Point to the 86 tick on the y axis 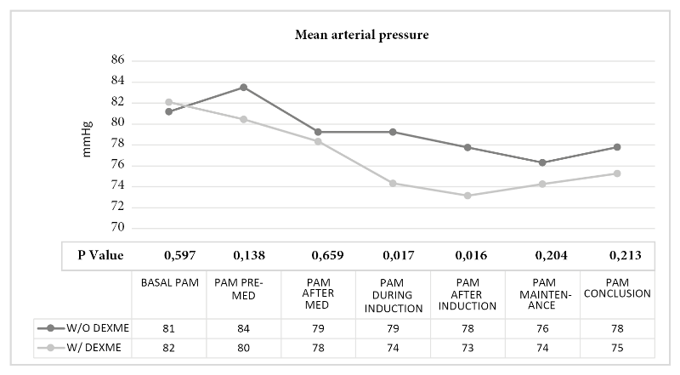tap(117, 60)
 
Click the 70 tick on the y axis tap(117, 228)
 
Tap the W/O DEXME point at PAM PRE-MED tap(243, 87)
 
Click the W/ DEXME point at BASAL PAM tap(169, 102)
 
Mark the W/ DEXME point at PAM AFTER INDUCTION tap(467, 196)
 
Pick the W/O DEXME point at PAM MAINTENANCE tap(541, 162)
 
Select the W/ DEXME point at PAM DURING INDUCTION tap(393, 183)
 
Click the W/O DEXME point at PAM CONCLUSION tap(617, 147)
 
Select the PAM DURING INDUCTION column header tap(393, 295)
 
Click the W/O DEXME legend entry tap(81, 327)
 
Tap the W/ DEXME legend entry tap(81, 348)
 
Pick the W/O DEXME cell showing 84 tap(243, 327)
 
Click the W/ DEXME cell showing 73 tap(467, 348)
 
